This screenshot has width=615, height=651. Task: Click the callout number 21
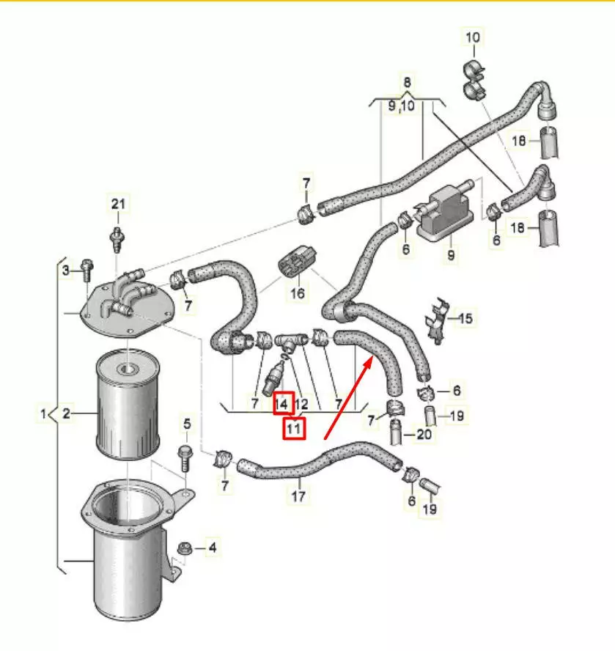119,203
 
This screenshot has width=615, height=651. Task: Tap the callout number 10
473,36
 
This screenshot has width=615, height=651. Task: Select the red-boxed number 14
283,403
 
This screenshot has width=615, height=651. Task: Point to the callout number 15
465,318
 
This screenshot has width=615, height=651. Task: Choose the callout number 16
298,294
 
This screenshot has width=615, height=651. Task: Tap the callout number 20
424,434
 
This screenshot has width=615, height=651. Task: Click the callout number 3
65,271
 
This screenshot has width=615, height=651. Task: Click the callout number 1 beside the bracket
43,415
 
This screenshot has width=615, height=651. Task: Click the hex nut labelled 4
185,548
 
